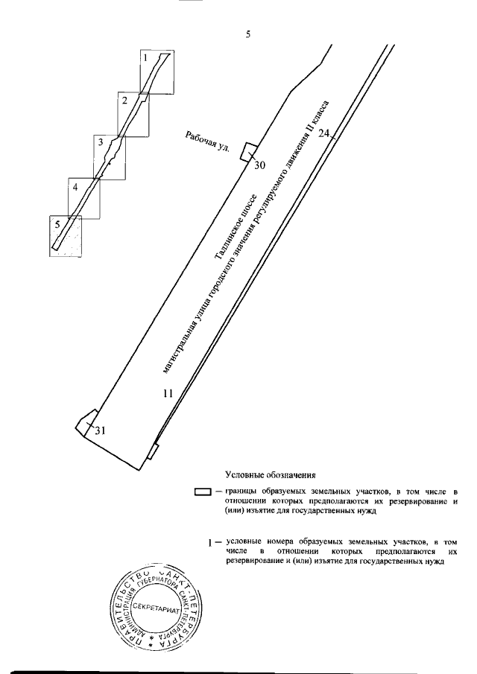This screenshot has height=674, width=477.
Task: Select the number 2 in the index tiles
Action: [x=124, y=100]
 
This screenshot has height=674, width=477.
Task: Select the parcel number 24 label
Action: [x=323, y=133]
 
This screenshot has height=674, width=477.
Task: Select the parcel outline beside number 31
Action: [x=86, y=421]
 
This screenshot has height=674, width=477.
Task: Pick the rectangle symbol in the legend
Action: [x=203, y=492]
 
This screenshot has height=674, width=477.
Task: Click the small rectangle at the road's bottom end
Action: [x=154, y=451]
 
